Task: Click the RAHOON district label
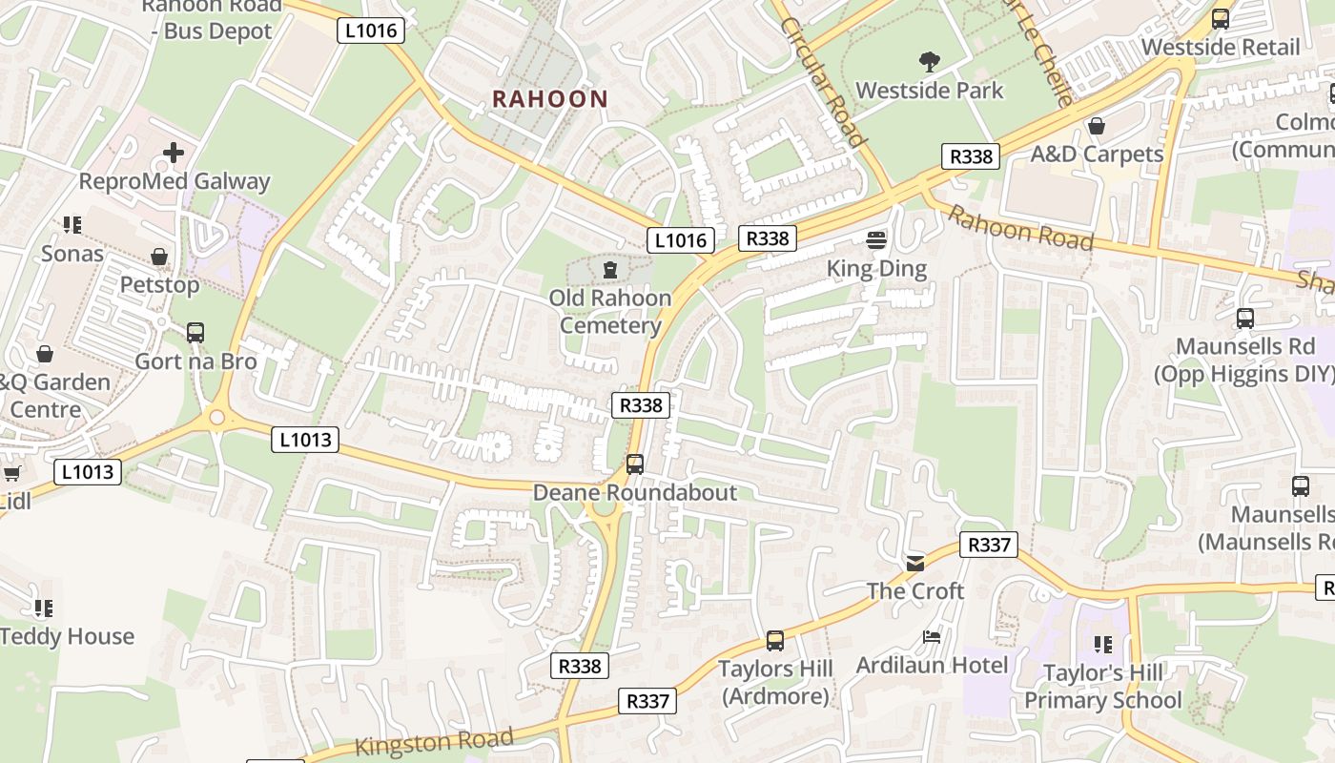coord(549,98)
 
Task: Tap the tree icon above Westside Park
coord(930,63)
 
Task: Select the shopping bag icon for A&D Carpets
coord(1097,126)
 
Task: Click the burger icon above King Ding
coord(876,239)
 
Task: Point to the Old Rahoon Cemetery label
coord(610,312)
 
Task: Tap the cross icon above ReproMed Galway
coord(174,153)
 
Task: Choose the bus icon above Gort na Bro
coord(195,333)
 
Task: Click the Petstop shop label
coord(159,284)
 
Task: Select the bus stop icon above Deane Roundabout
coord(635,464)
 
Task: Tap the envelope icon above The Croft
coord(915,563)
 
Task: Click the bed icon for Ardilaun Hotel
coord(932,636)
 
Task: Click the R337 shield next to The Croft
coord(988,545)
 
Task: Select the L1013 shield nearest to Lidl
coord(88,471)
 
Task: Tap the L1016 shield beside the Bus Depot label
coord(371,31)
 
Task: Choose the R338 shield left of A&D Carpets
coord(971,156)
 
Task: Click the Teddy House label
coord(67,636)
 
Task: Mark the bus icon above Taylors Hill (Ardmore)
coord(775,641)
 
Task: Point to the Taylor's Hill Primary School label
coord(1102,687)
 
